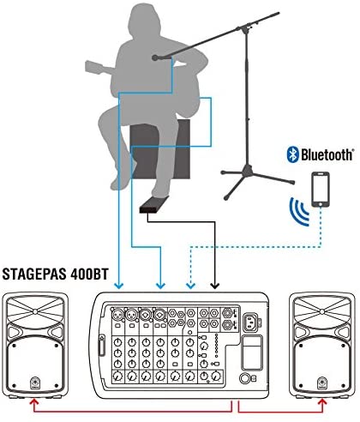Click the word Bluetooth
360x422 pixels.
[327, 155]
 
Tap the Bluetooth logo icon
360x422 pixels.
[292, 154]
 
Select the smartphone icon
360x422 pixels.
[321, 190]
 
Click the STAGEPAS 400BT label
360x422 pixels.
[56, 274]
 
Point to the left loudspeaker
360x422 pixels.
[35, 345]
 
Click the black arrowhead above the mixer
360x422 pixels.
[214, 286]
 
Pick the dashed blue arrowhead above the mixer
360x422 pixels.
[190, 286]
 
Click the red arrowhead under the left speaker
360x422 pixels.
[34, 402]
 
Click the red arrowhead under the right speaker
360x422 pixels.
[323, 402]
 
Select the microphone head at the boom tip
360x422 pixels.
[155, 58]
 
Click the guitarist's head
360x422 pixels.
[144, 21]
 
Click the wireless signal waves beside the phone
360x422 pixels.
[298, 211]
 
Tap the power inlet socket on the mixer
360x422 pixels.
[250, 321]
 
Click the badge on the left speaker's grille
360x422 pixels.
[34, 383]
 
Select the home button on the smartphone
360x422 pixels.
[321, 204]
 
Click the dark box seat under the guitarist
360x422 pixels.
[160, 149]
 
